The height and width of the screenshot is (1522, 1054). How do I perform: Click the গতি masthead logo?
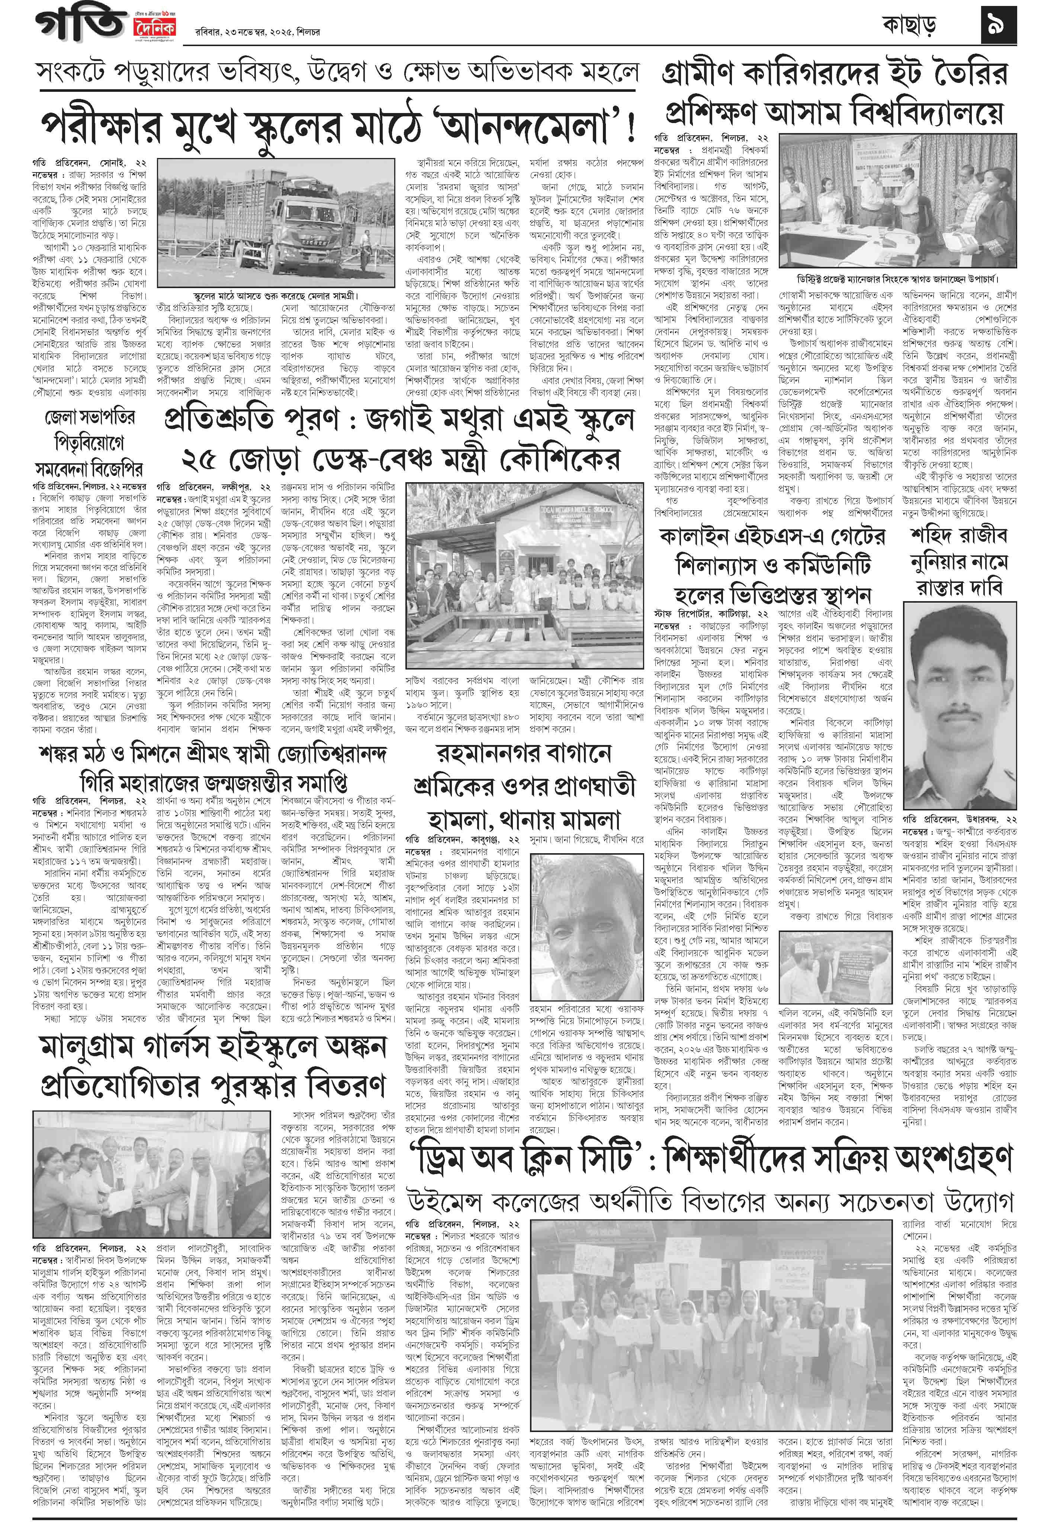(79, 25)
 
